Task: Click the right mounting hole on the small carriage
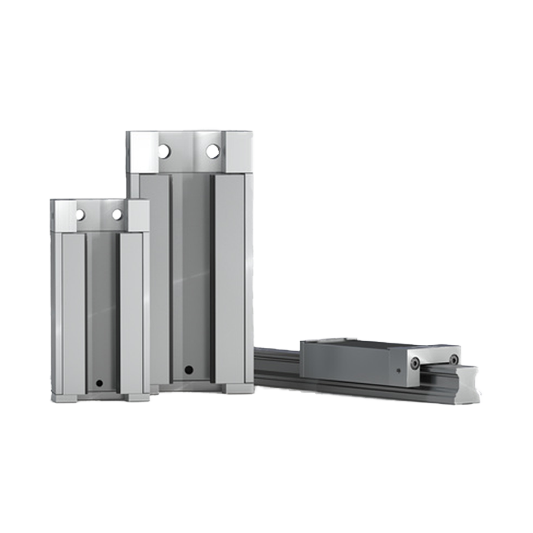click(117, 214)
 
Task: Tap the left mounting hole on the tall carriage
click(164, 151)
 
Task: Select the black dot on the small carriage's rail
click(99, 383)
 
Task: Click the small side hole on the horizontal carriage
click(398, 371)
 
